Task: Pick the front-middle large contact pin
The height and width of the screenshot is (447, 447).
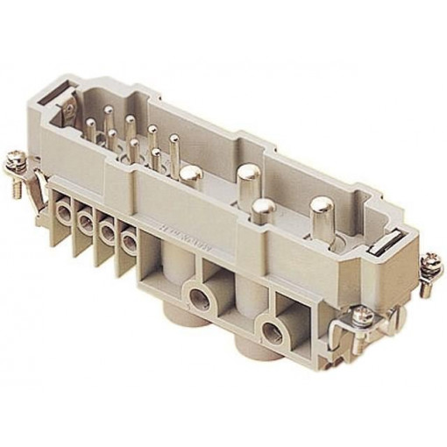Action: coord(263,207)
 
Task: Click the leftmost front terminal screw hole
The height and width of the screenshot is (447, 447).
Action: coord(64,211)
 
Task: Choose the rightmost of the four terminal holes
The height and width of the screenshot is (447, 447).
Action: coord(130,242)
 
